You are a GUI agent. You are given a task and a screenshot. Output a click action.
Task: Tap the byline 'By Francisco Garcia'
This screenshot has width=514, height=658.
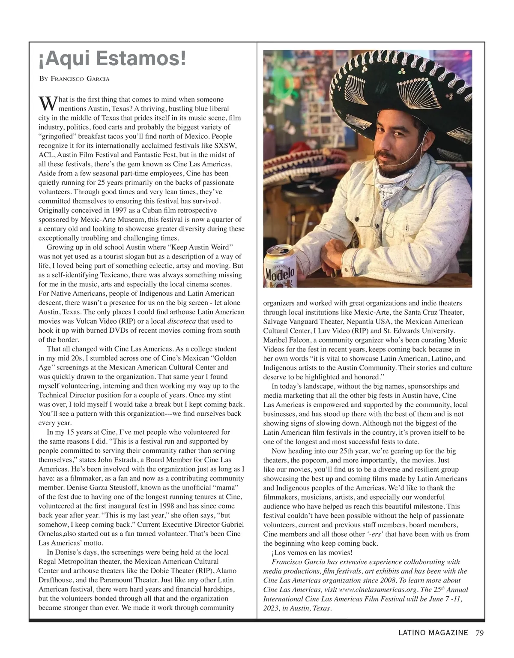click(74, 79)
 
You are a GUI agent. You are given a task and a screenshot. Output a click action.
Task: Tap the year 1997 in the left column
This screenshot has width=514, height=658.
click(124, 210)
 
